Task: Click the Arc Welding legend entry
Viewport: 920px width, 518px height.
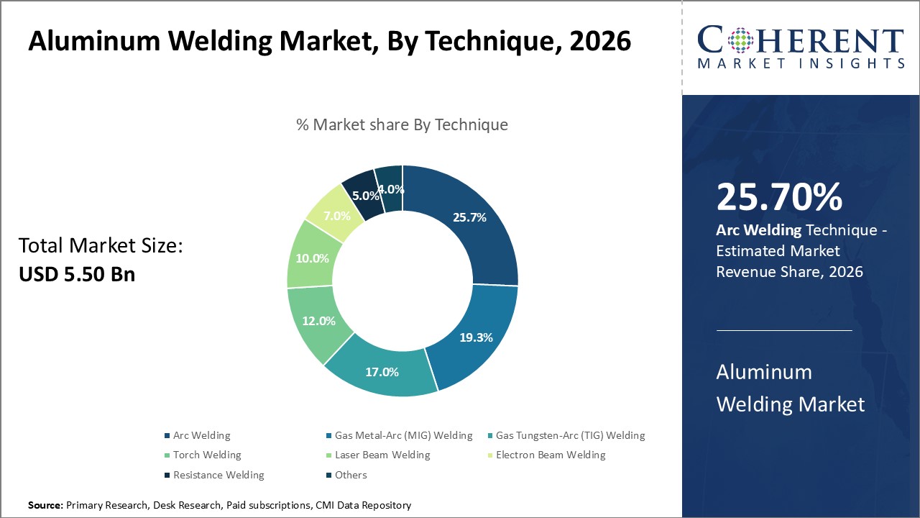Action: coord(201,435)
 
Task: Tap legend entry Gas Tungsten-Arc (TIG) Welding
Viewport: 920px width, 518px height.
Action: coord(570,435)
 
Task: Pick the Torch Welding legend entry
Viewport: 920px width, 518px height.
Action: coord(207,455)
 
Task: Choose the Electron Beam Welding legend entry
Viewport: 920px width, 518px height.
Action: coord(551,455)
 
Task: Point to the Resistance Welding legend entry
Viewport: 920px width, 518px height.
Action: coord(218,475)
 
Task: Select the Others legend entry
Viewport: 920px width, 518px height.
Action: coord(351,475)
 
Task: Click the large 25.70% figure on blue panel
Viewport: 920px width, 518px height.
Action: coord(779,198)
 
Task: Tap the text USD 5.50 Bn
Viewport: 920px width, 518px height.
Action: coord(77,273)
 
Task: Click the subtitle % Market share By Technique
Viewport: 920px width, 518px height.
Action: coord(402,124)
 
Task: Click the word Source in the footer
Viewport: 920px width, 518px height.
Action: coord(45,506)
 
